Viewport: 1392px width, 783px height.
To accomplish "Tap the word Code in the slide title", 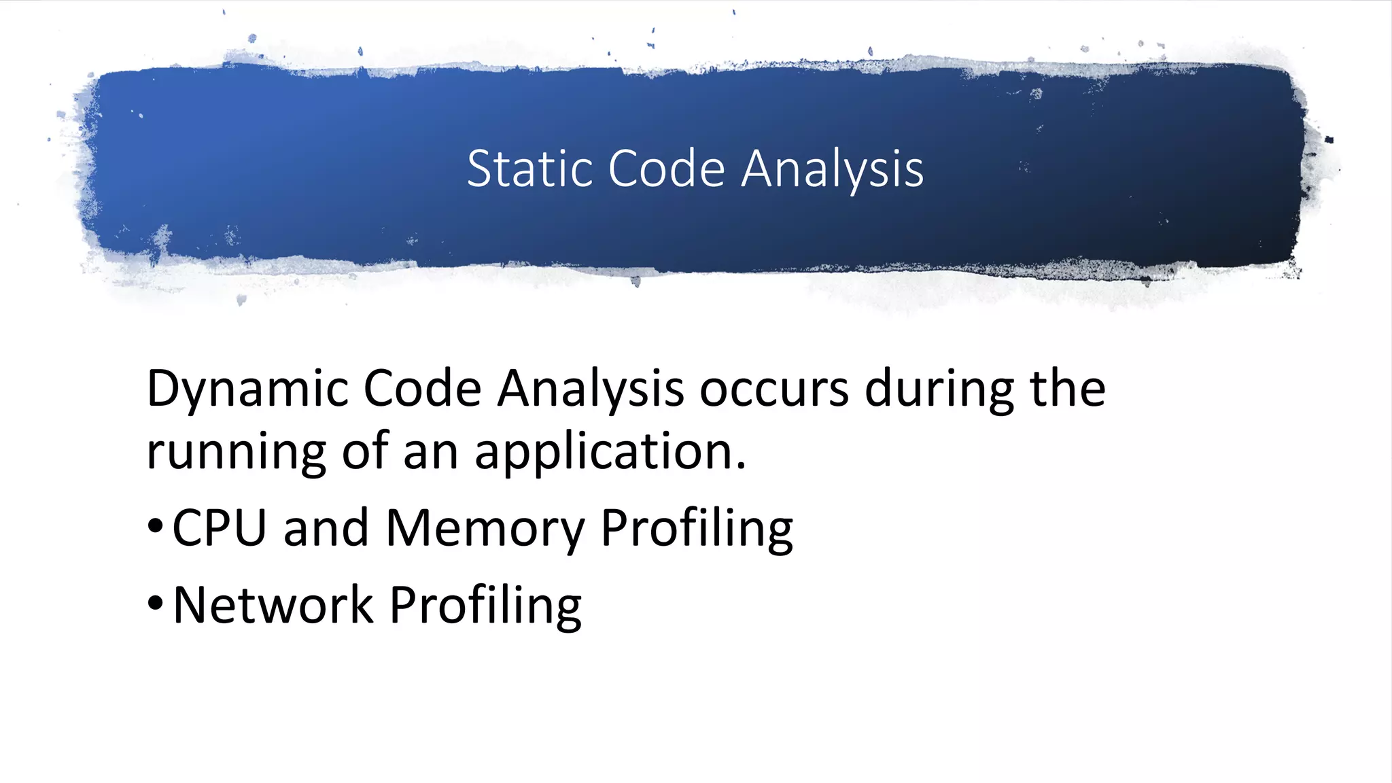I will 666,169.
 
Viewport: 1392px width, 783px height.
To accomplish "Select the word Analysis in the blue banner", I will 832,170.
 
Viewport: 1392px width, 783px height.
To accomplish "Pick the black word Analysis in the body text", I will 590,389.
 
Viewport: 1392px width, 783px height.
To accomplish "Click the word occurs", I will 774,389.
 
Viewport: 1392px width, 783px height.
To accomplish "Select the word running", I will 236,453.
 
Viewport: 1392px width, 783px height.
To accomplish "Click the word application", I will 610,453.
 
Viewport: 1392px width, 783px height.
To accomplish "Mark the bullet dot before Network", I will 155,602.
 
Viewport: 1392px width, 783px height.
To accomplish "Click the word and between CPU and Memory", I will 326,528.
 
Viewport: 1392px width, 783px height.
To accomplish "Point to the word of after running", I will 365,451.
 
